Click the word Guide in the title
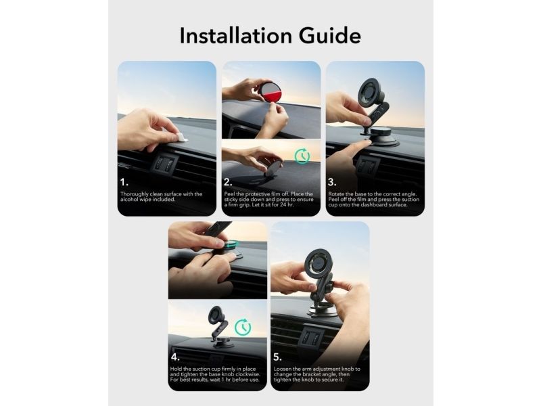(x=330, y=36)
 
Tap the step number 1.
(x=124, y=182)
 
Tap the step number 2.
(x=228, y=182)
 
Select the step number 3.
(x=332, y=182)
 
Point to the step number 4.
(x=175, y=357)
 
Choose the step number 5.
(x=278, y=357)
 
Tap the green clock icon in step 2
(x=302, y=156)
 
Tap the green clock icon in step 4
(x=243, y=327)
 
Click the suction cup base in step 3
(x=382, y=137)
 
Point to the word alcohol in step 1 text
(x=129, y=200)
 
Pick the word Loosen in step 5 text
(x=283, y=369)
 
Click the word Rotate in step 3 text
(x=336, y=194)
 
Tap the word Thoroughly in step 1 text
(x=134, y=194)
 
